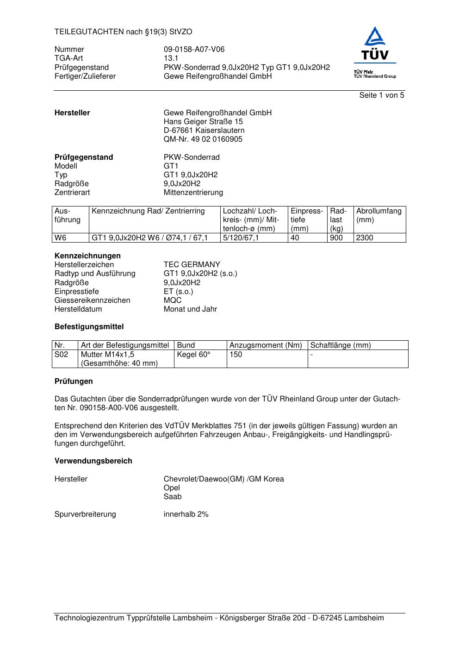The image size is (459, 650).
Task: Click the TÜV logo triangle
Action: click(374, 37)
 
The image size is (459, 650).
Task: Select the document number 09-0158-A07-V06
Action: click(194, 50)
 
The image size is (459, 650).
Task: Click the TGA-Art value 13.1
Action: click(171, 58)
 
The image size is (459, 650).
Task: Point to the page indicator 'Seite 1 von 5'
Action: click(381, 95)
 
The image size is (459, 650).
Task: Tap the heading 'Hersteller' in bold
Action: click(72, 113)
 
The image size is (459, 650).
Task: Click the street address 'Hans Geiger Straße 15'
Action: click(203, 122)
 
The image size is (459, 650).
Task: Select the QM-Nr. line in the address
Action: click(203, 139)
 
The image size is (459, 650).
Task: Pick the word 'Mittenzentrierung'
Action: click(193, 193)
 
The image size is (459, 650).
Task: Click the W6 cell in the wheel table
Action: click(61, 238)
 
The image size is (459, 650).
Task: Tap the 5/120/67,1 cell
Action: click(241, 238)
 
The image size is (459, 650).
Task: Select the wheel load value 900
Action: click(336, 238)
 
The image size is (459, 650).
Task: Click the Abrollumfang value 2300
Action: click(365, 238)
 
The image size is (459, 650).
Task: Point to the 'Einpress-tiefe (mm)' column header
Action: click(306, 220)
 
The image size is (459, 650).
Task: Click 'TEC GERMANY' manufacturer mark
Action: click(192, 265)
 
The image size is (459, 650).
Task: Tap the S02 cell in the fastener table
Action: click(62, 355)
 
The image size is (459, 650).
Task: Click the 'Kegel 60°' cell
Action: click(193, 355)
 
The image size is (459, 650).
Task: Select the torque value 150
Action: click(236, 355)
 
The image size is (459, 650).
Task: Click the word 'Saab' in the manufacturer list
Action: click(173, 497)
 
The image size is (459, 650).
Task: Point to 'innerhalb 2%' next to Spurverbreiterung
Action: click(186, 514)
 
